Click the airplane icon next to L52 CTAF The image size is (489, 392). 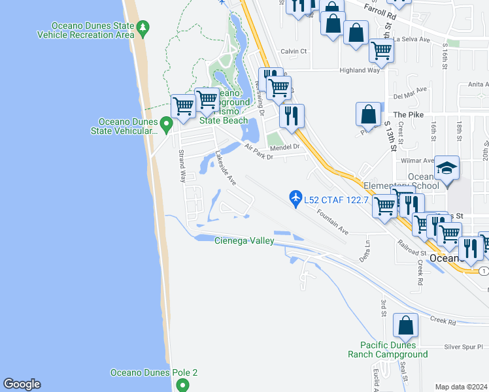[296, 197]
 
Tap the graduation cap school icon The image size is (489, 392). [447, 170]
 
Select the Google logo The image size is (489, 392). [22, 384]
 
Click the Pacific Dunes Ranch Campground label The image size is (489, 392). [394, 350]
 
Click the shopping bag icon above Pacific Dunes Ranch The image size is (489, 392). [405, 325]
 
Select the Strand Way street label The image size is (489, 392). [182, 167]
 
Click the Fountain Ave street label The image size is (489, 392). [333, 222]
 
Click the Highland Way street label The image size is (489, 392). [359, 71]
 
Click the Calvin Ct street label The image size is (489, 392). [294, 51]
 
